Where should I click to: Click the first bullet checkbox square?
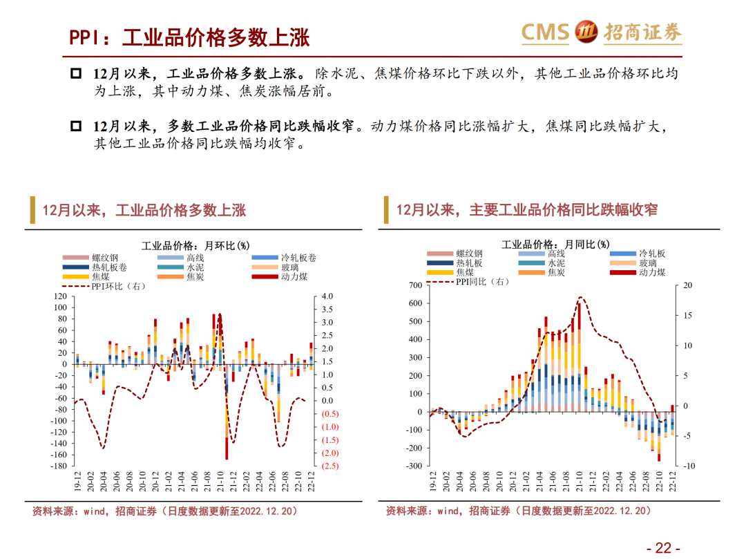76,74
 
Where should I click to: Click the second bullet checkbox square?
76,127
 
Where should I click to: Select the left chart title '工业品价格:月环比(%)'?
195,245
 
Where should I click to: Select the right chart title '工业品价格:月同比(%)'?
555,244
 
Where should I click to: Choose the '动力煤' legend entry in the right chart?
651,272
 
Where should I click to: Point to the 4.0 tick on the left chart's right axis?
327,296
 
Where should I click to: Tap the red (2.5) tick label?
329,466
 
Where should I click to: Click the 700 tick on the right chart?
414,285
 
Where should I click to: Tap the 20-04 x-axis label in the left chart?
103,481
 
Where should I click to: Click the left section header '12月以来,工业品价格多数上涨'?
144,210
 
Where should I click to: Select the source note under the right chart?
518,511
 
